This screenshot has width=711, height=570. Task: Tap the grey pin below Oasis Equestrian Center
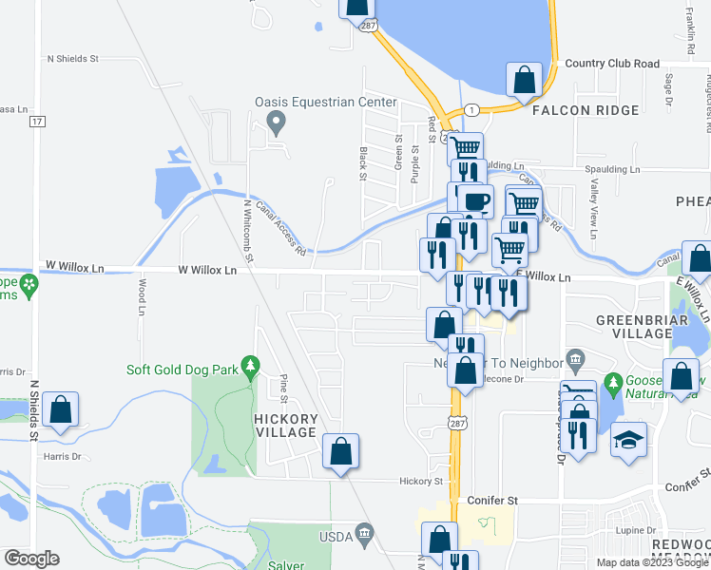point(277,121)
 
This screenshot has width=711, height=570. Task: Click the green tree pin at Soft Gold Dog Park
point(250,365)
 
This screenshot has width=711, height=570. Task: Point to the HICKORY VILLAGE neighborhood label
point(285,426)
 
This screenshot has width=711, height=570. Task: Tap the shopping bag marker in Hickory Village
point(341,451)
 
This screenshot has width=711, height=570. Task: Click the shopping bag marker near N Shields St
point(60,410)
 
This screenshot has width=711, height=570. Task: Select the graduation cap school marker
point(628,440)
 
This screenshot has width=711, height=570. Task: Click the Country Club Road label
point(611,64)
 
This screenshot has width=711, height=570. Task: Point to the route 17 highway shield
point(37,122)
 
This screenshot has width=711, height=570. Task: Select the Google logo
point(31,559)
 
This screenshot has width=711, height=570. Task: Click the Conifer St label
point(492,500)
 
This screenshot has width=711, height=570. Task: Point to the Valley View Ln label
point(594,210)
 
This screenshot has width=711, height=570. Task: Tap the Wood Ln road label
point(142,297)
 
